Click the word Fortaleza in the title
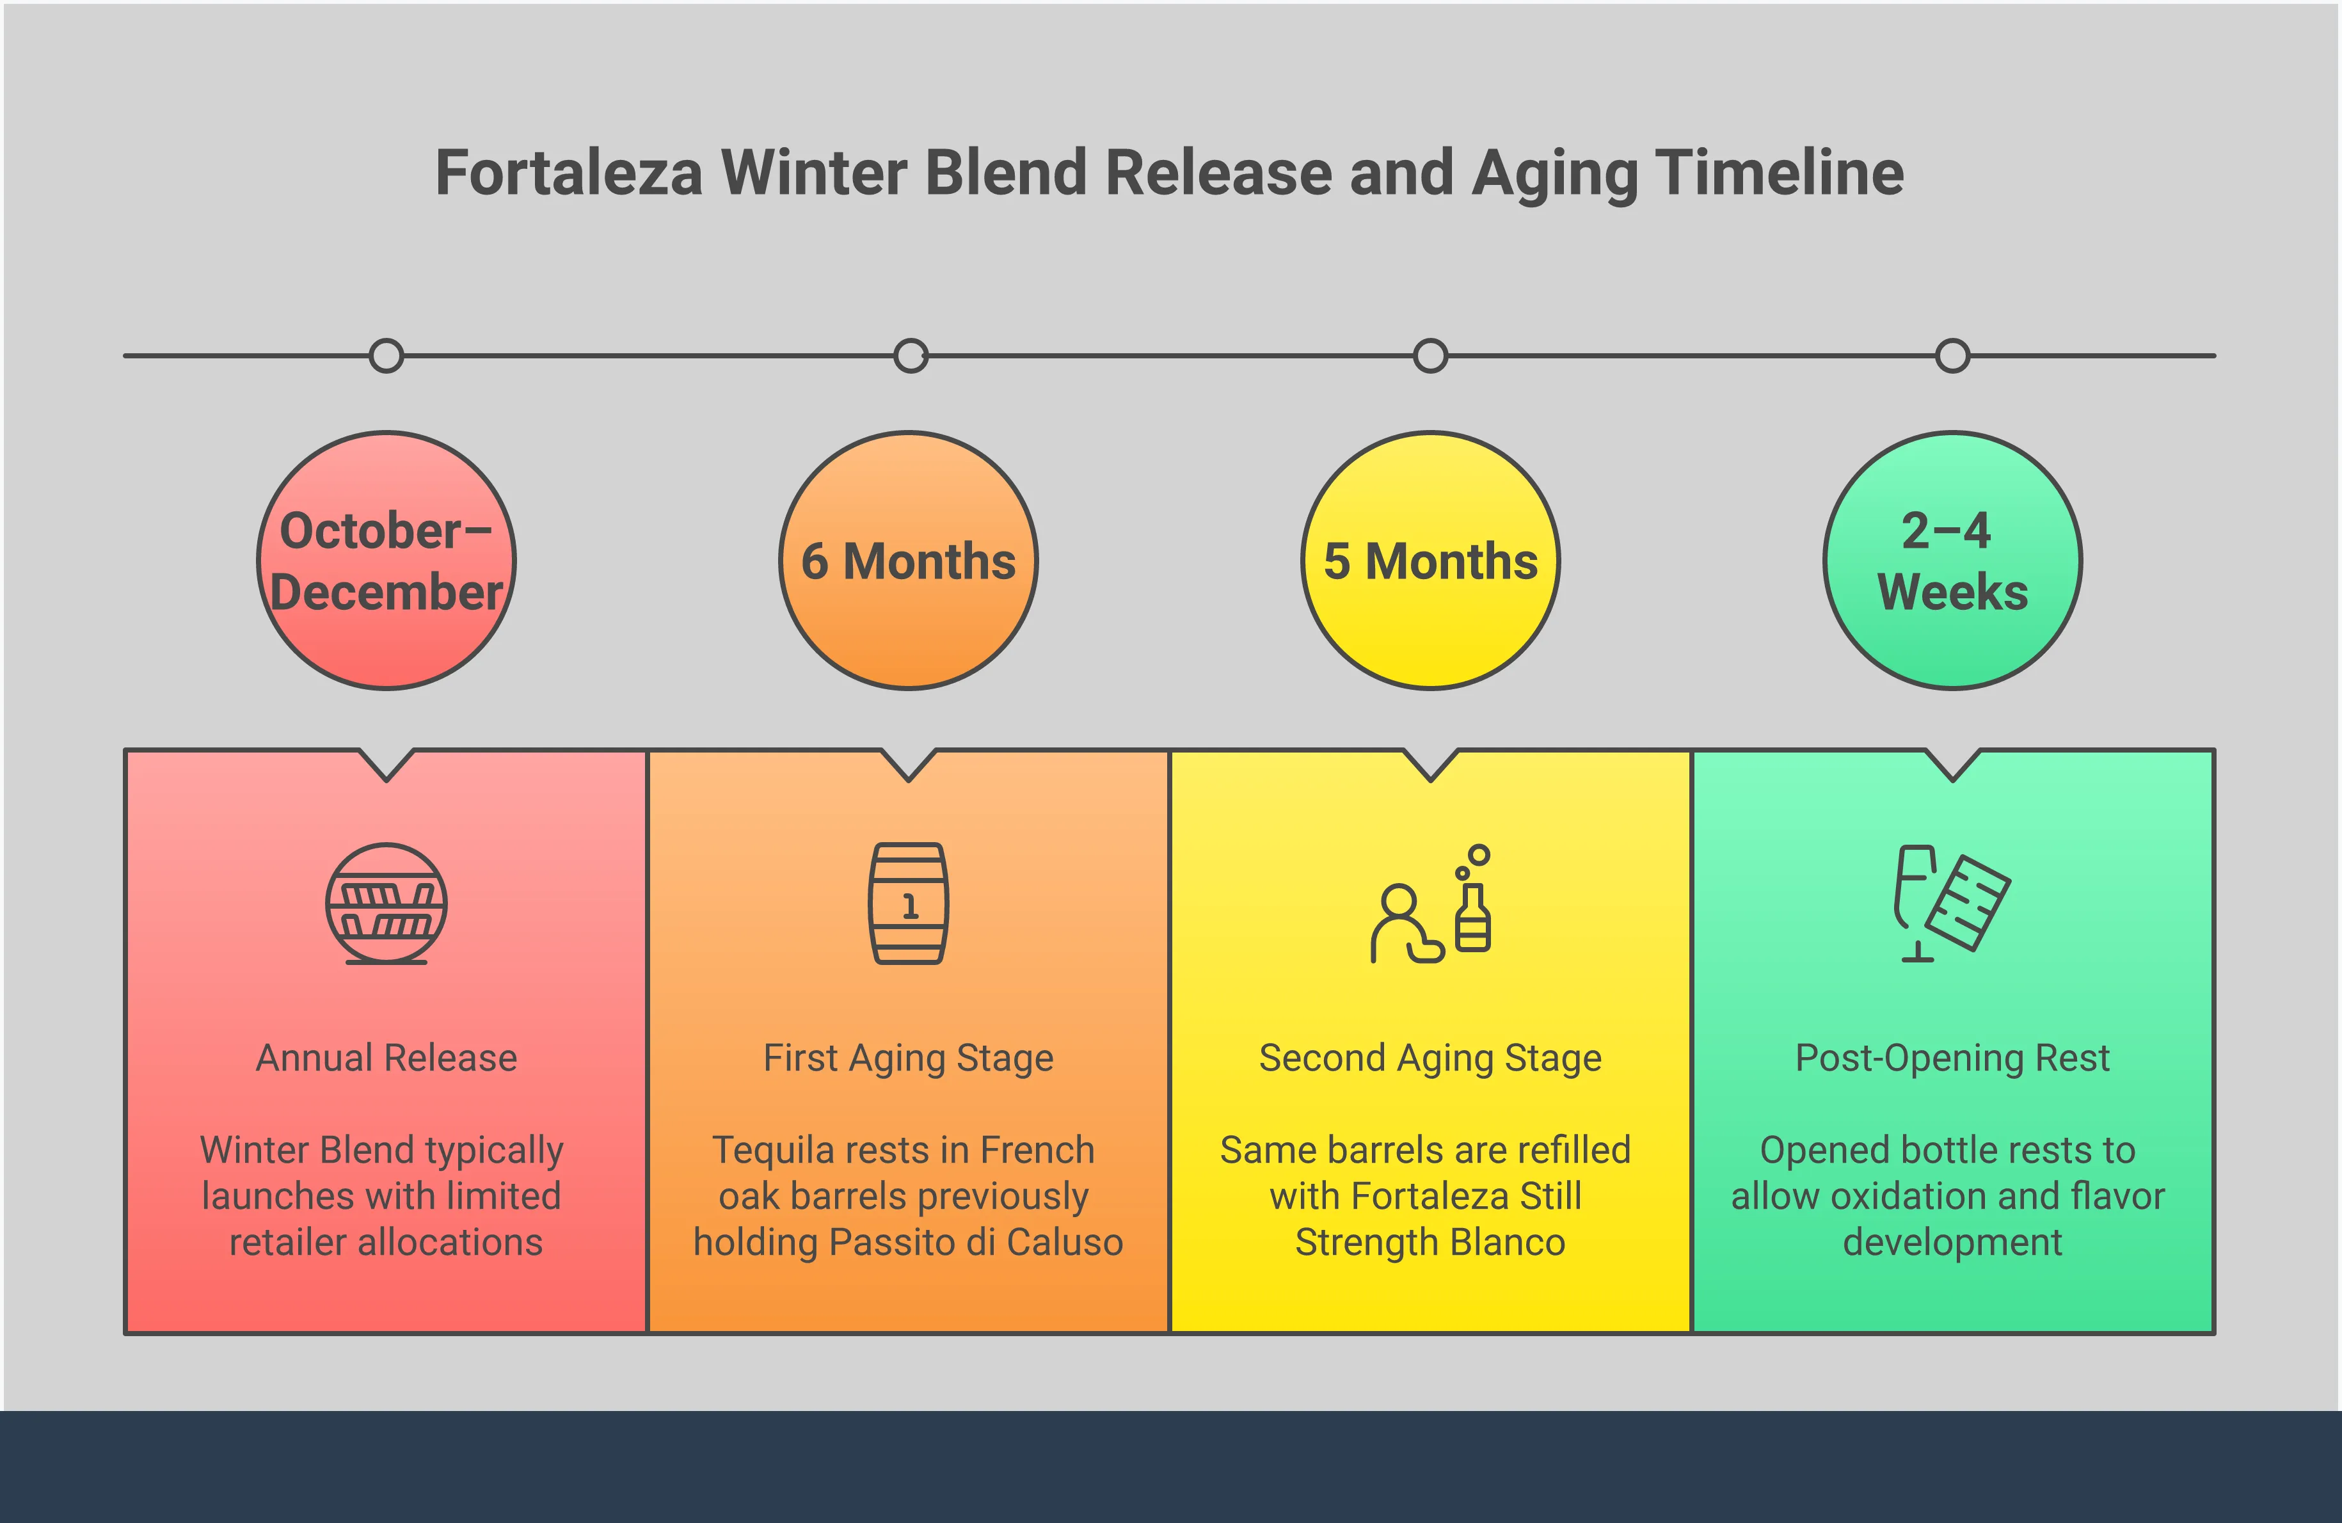pyautogui.click(x=569, y=173)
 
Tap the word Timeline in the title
pyautogui.click(x=1779, y=173)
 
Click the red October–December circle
pyautogui.click(x=386, y=561)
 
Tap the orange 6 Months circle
pyautogui.click(x=908, y=561)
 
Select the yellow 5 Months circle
pyautogui.click(x=1431, y=561)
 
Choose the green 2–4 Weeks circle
pyautogui.click(x=1952, y=561)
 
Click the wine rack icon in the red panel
pyautogui.click(x=386, y=903)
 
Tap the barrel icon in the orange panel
pyautogui.click(x=908, y=903)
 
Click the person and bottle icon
pyautogui.click(x=1431, y=905)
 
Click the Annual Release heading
pyautogui.click(x=386, y=1058)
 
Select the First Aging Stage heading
pyautogui.click(x=908, y=1058)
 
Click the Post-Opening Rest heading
pyautogui.click(x=1952, y=1058)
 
